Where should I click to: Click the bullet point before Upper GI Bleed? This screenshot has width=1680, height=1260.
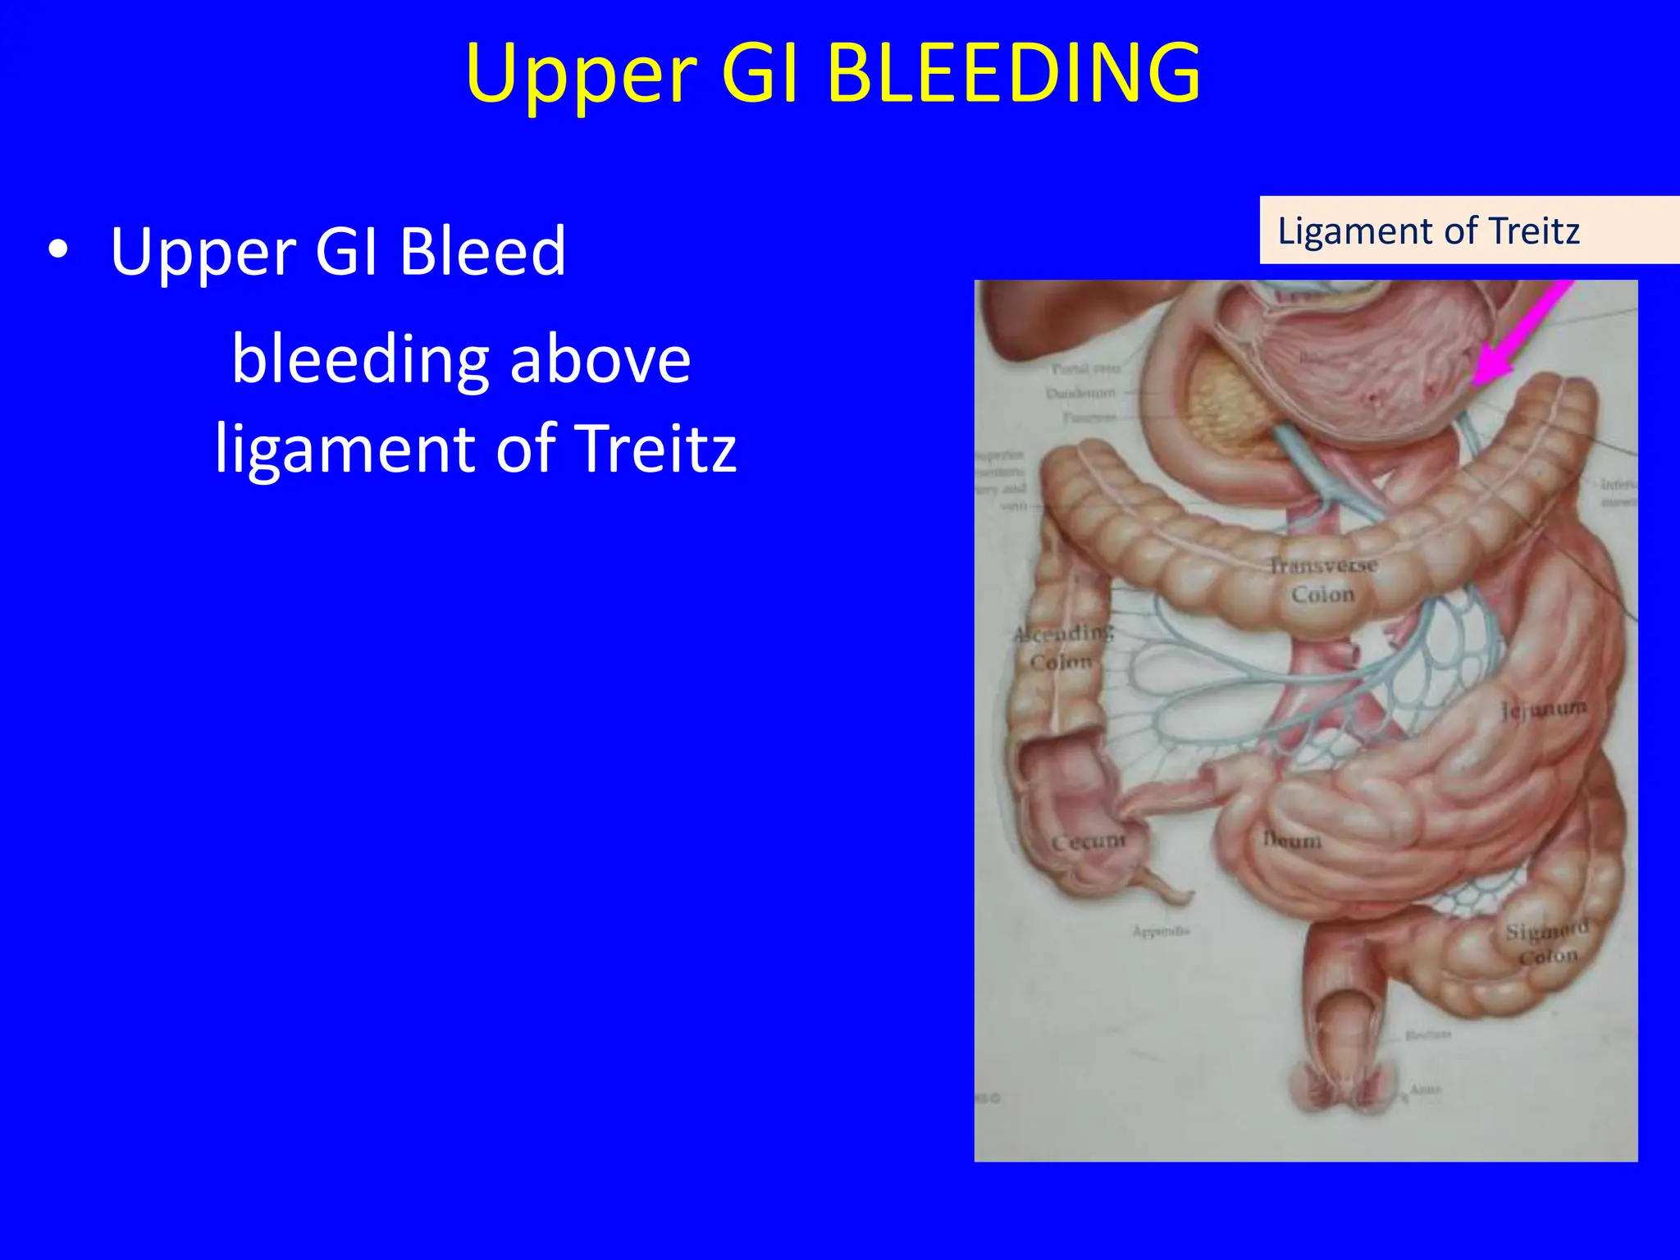[57, 251]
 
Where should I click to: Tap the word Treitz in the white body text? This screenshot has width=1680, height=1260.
[655, 449]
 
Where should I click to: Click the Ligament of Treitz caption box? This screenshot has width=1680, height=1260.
[1468, 231]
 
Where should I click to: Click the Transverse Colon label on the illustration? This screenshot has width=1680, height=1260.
[1322, 579]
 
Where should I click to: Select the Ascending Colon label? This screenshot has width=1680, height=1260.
[1063, 646]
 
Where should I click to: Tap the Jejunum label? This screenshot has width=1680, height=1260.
[1542, 709]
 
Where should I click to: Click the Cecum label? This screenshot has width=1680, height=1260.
[1089, 842]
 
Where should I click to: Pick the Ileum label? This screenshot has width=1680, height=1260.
[1292, 840]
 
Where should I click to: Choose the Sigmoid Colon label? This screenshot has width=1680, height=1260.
[1546, 943]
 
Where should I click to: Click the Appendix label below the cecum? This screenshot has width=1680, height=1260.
[1160, 931]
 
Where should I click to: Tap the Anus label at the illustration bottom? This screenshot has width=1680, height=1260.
[1425, 1089]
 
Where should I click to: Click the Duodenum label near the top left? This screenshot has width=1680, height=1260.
[1080, 394]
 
